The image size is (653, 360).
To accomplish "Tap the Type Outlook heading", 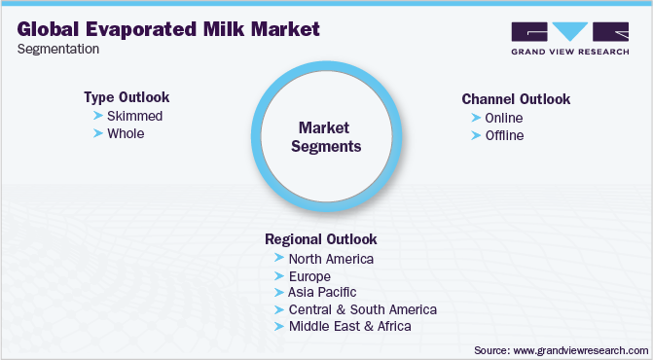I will [x=127, y=97].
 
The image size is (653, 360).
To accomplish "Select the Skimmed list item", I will [x=135, y=116].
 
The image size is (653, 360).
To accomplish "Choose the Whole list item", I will [x=126, y=133].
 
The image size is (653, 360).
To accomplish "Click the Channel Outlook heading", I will [x=516, y=99].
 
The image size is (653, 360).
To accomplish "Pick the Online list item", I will [x=504, y=118].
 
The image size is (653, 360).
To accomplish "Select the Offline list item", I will [x=504, y=135].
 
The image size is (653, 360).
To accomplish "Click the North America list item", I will [x=331, y=259].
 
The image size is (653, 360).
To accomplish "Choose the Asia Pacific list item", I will [x=322, y=292].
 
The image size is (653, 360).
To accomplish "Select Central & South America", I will [x=363, y=309].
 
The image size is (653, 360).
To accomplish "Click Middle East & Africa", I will [x=350, y=326].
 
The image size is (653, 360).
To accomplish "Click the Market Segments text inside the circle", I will [x=330, y=137].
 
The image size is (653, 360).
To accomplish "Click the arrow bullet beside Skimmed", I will [x=97, y=116].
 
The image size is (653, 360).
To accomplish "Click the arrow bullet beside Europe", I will [x=280, y=276].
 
